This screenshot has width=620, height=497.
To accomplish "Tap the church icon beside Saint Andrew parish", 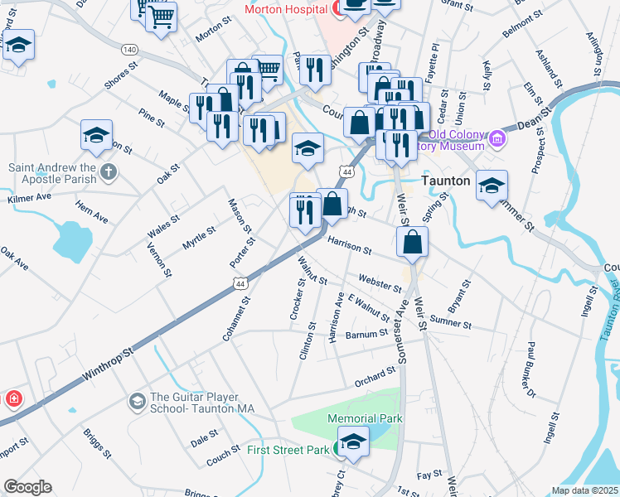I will pos(108,172).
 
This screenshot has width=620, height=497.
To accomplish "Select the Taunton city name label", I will pos(447,180).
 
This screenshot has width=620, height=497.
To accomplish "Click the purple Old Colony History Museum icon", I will pos(497,138).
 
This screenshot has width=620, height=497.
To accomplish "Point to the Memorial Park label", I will pos(365,418).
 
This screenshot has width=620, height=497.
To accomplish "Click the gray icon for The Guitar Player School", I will pos(136,402).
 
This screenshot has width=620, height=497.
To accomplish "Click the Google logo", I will pos(27,487).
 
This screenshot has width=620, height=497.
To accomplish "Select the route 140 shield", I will pos(128,49).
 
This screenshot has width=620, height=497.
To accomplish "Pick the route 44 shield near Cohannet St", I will pos(240,283).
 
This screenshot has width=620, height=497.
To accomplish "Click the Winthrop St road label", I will pos(108,364).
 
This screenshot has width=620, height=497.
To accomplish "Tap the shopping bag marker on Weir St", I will pos(412,243).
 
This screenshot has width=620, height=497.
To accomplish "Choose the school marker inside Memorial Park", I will pos(353,443).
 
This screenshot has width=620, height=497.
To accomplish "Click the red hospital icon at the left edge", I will pos(12,399).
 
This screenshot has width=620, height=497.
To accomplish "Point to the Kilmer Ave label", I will pos(29,199).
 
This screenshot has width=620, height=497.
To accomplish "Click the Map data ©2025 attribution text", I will pos(584,490).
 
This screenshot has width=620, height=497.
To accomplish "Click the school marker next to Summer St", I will pos(492,186).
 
